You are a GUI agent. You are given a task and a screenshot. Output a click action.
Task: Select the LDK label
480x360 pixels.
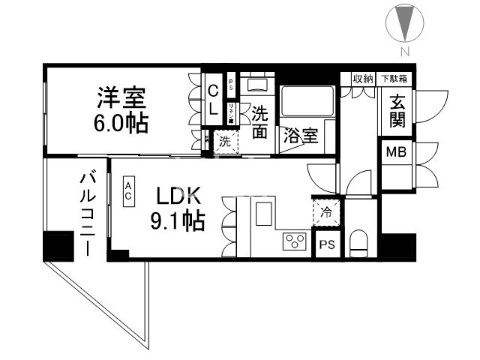(x=178, y=197)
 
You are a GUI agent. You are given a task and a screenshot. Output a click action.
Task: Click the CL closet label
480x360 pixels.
(x=212, y=100)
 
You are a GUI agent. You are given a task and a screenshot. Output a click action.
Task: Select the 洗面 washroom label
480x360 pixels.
(x=259, y=121)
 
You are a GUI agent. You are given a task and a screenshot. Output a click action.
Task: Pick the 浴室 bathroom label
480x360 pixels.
(x=299, y=136)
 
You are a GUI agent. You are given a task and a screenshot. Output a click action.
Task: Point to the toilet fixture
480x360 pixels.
(x=359, y=241)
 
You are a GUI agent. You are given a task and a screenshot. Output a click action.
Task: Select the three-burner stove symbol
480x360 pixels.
(x=293, y=241)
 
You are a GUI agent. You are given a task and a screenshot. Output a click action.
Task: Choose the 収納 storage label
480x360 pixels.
(x=364, y=78)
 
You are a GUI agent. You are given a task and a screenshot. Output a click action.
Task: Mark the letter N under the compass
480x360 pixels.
(x=404, y=51)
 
